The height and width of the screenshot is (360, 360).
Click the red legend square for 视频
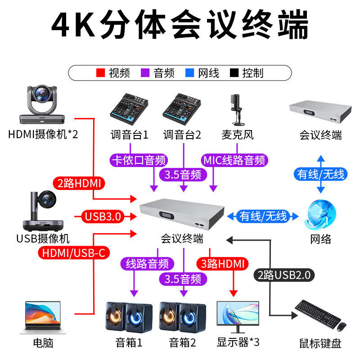point(101,72)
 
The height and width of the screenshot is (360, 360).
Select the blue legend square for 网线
point(190,72)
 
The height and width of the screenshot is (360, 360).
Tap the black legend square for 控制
point(234,72)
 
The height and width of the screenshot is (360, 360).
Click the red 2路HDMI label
point(80,183)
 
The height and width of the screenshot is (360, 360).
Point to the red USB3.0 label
point(103,216)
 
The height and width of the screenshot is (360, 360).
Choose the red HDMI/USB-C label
point(74,253)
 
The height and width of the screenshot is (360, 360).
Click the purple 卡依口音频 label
point(139,160)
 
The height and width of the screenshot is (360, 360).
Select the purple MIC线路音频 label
point(235,160)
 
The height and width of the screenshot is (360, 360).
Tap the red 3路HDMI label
point(223,264)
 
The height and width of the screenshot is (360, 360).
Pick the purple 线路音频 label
point(147,264)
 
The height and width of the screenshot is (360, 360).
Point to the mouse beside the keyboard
point(342,326)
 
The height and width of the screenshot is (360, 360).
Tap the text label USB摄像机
point(43,238)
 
